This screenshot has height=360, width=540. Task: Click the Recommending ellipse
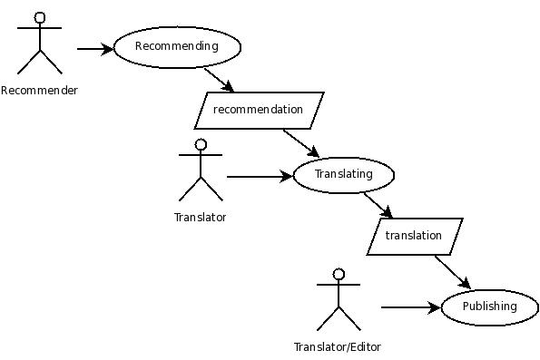[x=177, y=46]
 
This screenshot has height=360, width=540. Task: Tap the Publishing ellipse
[x=489, y=306]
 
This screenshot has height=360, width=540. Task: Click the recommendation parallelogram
[x=259, y=110]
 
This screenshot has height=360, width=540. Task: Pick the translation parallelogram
[x=414, y=236]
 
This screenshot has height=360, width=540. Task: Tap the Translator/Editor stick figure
[x=339, y=300]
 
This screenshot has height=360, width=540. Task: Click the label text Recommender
[x=39, y=90]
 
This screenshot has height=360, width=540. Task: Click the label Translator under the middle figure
[x=200, y=217]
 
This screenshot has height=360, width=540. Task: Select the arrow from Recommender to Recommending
[x=95, y=48]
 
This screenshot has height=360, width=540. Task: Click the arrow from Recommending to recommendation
[x=219, y=80]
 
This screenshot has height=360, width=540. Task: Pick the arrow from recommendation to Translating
[x=300, y=143]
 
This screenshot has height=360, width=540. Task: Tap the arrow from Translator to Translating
[x=260, y=176]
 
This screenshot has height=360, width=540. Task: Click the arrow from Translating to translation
[x=378, y=205]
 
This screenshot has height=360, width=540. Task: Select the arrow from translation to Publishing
[x=452, y=272]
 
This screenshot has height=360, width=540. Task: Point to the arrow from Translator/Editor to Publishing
[x=410, y=307]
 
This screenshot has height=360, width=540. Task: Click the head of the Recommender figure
[x=40, y=17]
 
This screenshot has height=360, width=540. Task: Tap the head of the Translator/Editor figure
[x=339, y=274]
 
